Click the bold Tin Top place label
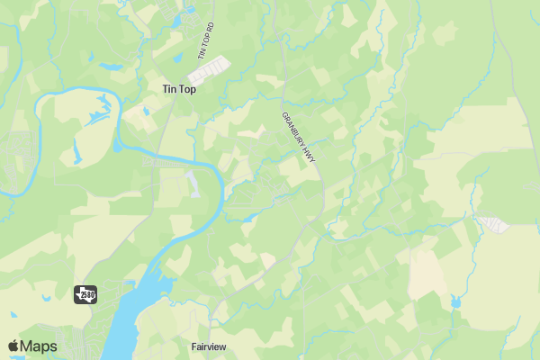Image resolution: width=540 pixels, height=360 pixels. (178, 89)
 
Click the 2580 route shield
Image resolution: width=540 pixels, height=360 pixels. (85, 293)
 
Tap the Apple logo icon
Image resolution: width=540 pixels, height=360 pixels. (13, 346)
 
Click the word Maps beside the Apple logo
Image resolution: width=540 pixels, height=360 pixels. (39, 346)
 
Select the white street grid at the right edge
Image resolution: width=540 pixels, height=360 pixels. (494, 223)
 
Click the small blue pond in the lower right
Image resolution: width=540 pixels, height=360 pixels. (454, 302)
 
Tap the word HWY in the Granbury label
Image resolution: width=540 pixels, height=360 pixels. (309, 147)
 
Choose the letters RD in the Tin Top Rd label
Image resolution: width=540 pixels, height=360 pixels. (211, 28)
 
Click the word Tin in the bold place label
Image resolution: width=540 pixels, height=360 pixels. (167, 89)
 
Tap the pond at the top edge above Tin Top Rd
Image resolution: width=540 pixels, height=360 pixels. (190, 11)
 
